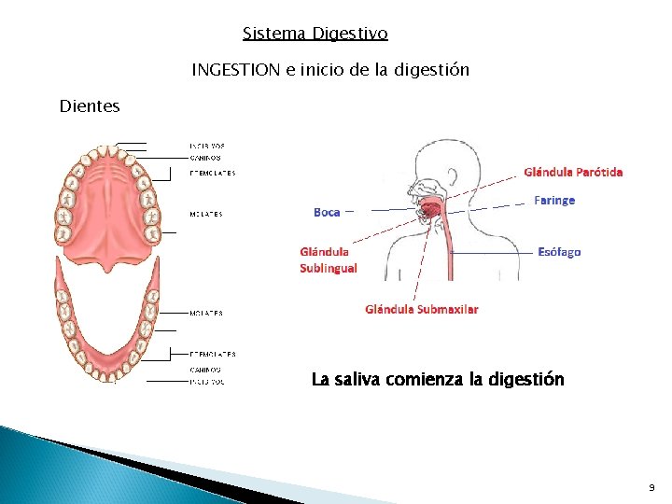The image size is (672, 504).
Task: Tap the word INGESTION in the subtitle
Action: click(234, 70)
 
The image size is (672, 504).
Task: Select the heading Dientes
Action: click(90, 106)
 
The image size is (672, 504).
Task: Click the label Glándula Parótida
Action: click(573, 172)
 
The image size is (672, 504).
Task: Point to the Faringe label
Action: click(554, 201)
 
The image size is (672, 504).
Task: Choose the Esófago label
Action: click(559, 252)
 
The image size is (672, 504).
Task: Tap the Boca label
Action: click(327, 213)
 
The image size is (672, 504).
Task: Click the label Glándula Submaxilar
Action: click(422, 309)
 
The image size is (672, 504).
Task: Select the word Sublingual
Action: click(328, 268)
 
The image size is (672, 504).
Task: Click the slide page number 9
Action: click(651, 488)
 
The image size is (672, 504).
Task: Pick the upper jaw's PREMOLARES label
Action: click(212, 173)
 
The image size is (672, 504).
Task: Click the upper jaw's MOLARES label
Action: click(205, 215)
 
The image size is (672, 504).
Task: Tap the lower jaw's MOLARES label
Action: click(205, 314)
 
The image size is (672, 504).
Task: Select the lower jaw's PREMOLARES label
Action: click(212, 355)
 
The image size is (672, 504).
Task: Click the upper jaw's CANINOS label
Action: click(205, 158)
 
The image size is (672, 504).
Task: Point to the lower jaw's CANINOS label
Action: click(205, 371)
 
